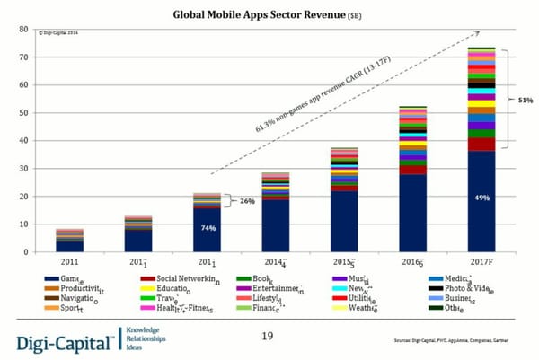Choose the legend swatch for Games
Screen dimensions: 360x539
point(51,281)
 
